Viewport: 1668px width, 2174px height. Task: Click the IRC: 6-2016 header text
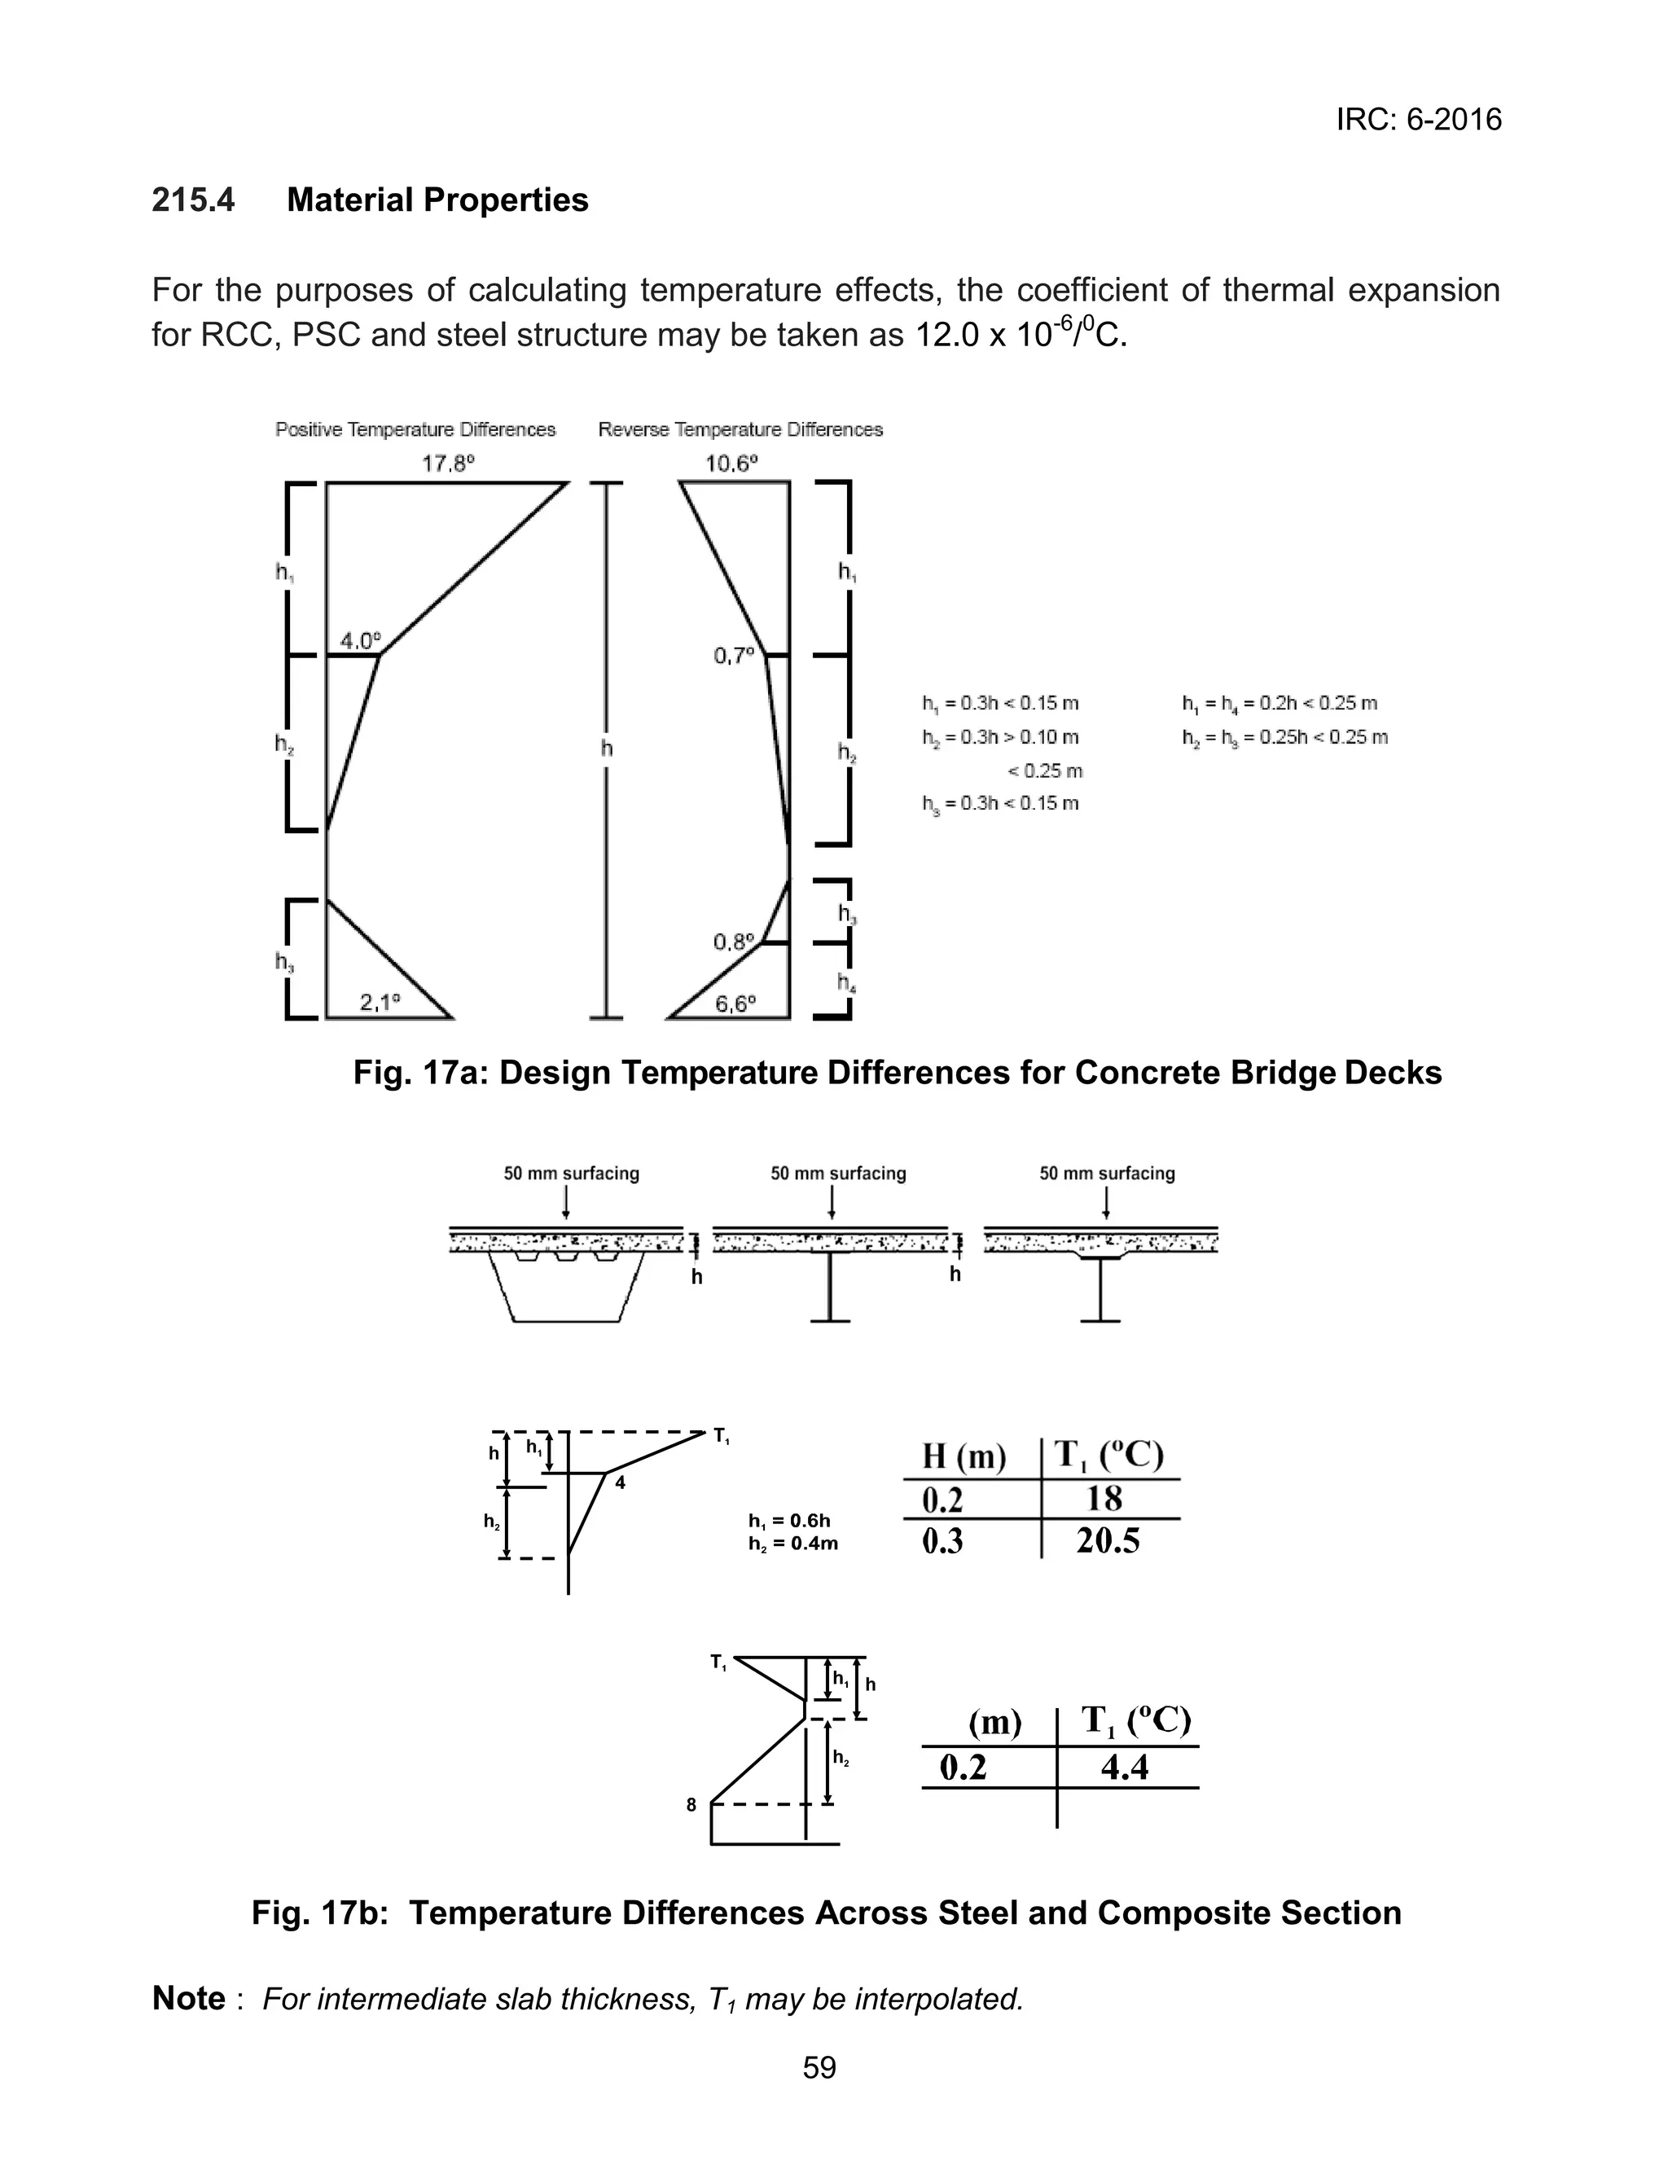[x=1418, y=120]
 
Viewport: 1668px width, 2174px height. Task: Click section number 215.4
[x=194, y=200]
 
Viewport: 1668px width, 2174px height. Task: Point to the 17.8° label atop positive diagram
[x=448, y=463]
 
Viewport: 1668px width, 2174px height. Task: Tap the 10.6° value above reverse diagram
[x=731, y=463]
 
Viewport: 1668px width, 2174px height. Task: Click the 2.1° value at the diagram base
[x=380, y=1003]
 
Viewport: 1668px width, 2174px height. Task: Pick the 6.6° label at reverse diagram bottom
[x=735, y=1004]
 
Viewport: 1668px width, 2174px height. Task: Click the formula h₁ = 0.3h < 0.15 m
[x=1000, y=704]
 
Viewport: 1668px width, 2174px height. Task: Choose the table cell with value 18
[x=1104, y=1498]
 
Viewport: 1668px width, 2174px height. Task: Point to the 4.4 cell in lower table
[x=1124, y=1767]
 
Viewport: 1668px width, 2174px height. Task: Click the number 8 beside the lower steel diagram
[x=691, y=1805]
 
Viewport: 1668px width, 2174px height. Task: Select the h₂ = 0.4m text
[x=792, y=1544]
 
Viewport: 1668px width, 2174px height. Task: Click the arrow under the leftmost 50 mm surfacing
[x=566, y=1202]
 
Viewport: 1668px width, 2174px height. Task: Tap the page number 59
[x=819, y=2068]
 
